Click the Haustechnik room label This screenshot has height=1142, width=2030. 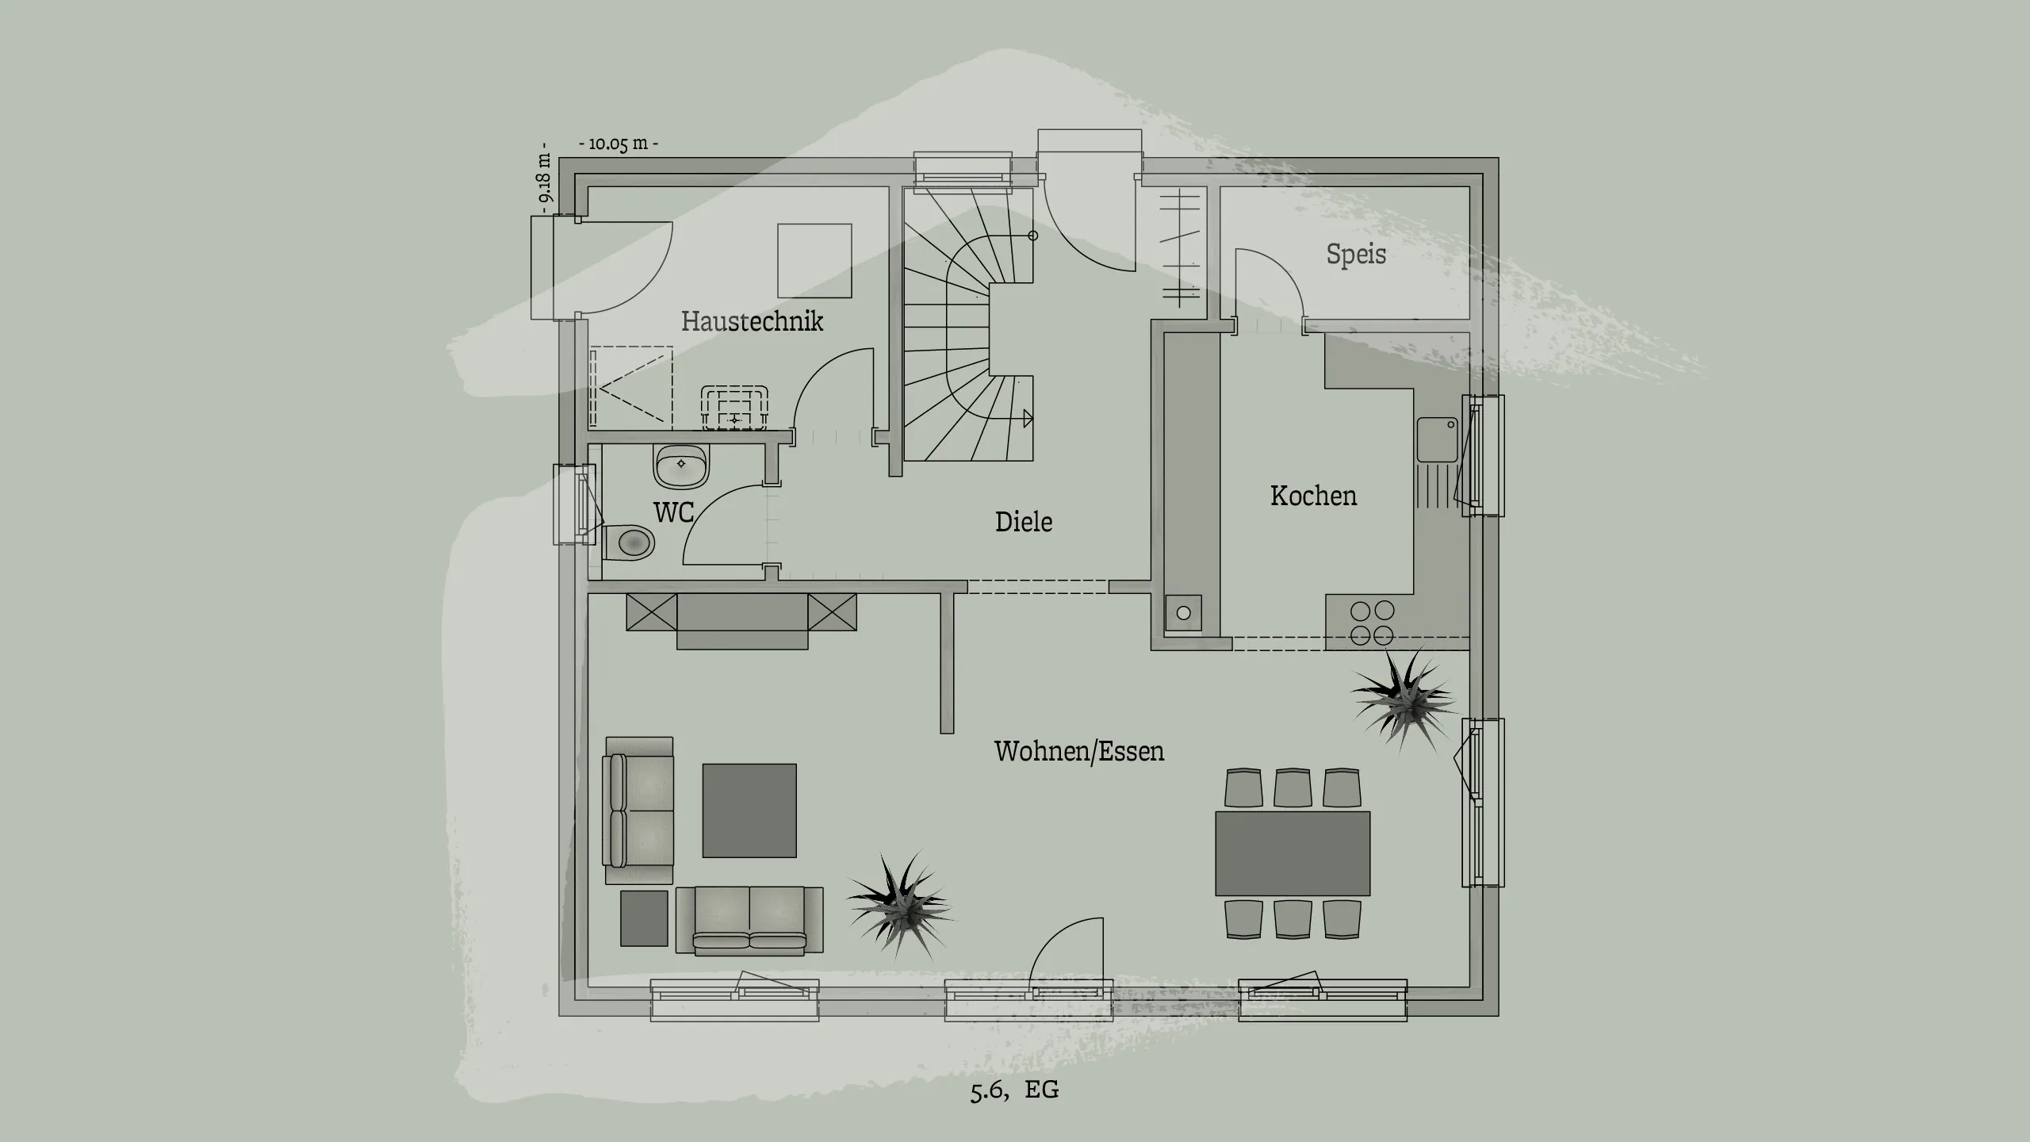point(752,321)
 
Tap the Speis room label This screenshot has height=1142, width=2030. point(1356,255)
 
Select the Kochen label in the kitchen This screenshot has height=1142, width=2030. point(1313,496)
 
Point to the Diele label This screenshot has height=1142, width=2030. point(1024,522)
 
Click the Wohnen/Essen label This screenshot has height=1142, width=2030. point(1078,751)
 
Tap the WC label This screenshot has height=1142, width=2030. point(674,512)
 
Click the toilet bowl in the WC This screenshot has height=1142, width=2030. point(632,544)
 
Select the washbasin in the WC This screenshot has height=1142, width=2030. point(681,466)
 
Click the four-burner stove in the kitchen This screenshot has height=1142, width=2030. point(1372,623)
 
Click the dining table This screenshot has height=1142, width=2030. point(1293,853)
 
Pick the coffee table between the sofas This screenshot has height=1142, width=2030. point(749,811)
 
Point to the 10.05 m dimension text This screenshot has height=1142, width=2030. point(619,144)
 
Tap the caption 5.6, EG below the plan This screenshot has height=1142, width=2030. point(1014,1090)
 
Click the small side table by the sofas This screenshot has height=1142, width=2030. point(644,918)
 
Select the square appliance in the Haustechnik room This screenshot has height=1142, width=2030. point(814,261)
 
